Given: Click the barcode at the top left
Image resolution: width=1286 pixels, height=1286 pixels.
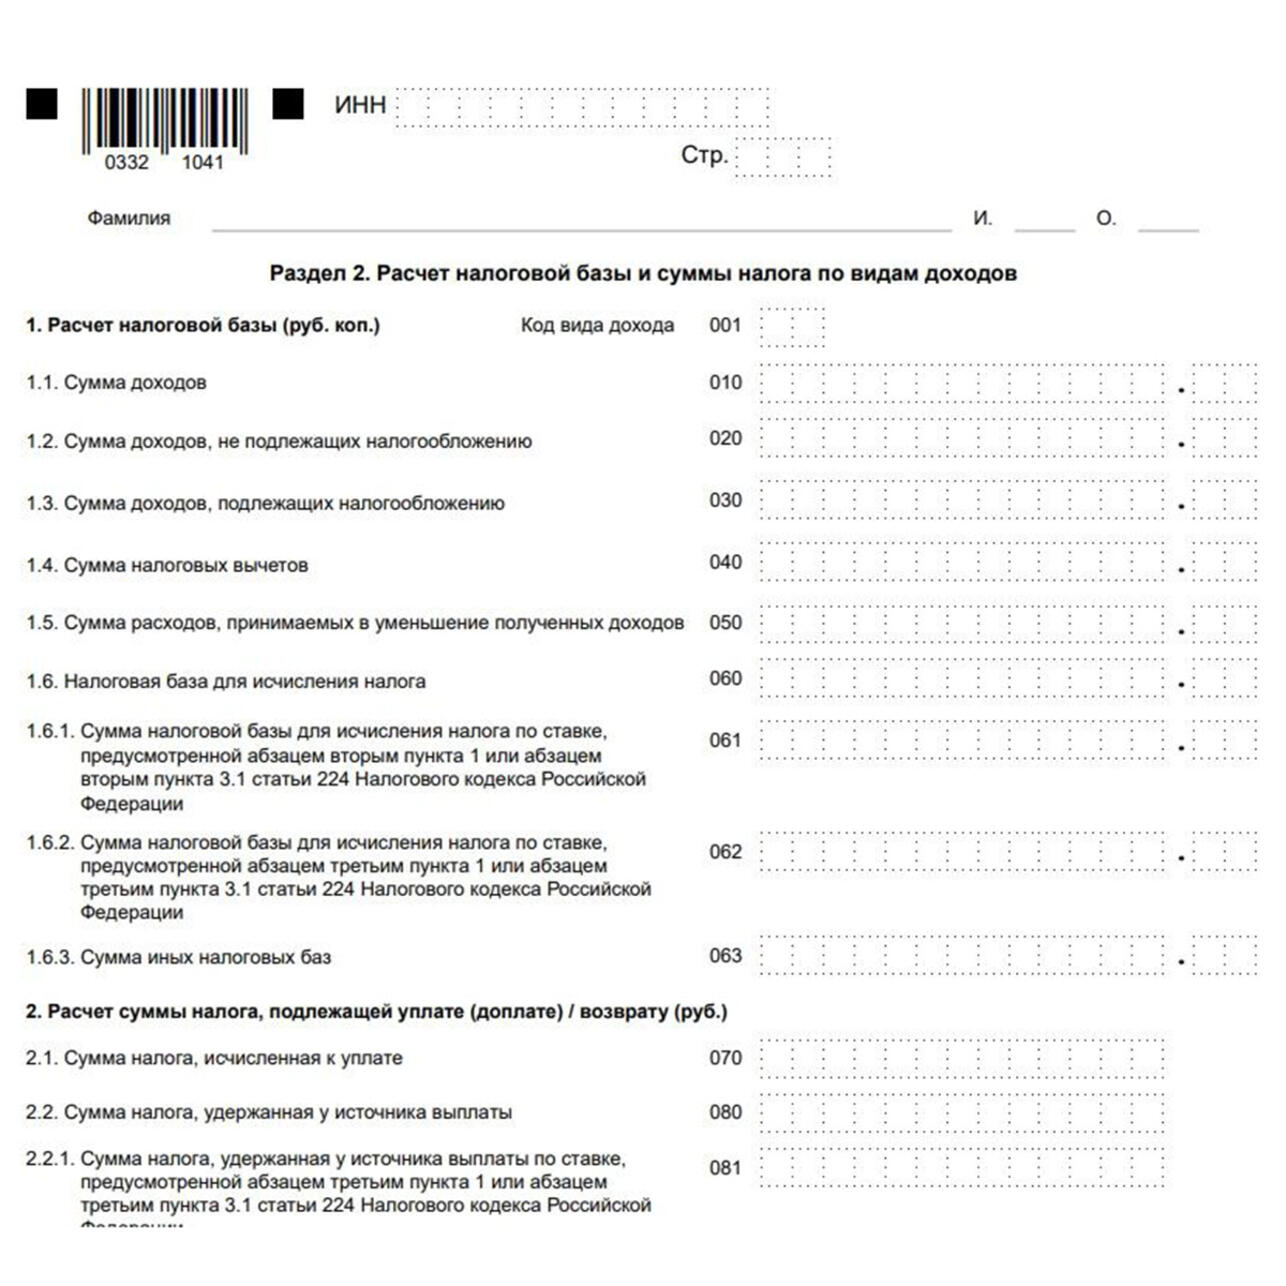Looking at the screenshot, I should [165, 119].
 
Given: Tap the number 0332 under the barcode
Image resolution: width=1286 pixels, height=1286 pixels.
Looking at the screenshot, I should [126, 163].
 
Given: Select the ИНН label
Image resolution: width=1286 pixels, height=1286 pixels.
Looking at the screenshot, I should [360, 105].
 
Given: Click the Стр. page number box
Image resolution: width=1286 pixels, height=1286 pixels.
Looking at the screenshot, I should [783, 158].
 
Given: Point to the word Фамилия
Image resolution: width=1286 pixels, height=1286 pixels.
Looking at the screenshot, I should [129, 218].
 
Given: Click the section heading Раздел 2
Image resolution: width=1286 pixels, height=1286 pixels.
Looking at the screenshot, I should [643, 273].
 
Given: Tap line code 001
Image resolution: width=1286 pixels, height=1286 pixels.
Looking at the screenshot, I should [725, 325].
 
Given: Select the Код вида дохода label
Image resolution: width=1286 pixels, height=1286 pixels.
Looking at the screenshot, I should [597, 325].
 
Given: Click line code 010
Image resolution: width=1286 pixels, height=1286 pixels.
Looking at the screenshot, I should [725, 382].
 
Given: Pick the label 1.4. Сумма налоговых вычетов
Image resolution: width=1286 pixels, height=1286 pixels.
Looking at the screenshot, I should [167, 565].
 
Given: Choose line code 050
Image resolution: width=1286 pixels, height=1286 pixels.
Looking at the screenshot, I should [725, 622].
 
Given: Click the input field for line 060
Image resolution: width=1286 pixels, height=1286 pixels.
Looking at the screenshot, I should [962, 679].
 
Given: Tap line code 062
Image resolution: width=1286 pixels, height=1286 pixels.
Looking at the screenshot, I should [725, 852].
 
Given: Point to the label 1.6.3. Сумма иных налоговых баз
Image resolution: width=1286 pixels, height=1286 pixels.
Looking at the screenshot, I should [178, 957].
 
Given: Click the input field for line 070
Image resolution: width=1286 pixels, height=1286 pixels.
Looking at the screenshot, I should [962, 1058].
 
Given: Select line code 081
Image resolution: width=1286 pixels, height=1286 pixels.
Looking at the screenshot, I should [725, 1167].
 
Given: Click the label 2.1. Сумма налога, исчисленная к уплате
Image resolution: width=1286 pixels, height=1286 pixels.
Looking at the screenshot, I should [214, 1058].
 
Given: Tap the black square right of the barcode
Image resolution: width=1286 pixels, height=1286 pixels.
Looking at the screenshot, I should [288, 104].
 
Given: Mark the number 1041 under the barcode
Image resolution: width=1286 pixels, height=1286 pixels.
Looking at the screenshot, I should [203, 163].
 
